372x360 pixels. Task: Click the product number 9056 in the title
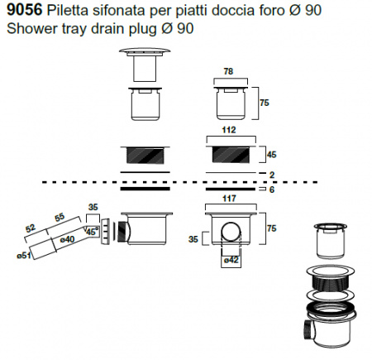pyautogui.click(x=24, y=10)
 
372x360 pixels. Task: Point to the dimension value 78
pyautogui.click(x=228, y=71)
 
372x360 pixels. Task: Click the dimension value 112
pyautogui.click(x=229, y=130)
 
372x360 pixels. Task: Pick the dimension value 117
pyautogui.click(x=229, y=199)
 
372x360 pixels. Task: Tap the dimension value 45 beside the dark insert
pyautogui.click(x=271, y=155)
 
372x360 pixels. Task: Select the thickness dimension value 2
pyautogui.click(x=272, y=175)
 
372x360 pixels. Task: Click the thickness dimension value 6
pyautogui.click(x=272, y=190)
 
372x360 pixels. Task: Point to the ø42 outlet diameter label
pyautogui.click(x=231, y=260)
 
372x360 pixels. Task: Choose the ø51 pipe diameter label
pyautogui.click(x=24, y=256)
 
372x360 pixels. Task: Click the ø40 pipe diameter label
pyautogui.click(x=67, y=239)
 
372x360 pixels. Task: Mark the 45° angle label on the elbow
pyautogui.click(x=92, y=231)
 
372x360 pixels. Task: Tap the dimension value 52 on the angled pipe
pyautogui.click(x=31, y=228)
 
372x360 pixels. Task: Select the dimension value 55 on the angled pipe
pyautogui.click(x=60, y=218)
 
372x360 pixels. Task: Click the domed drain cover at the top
pyautogui.click(x=145, y=51)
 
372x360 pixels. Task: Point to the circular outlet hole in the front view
pyautogui.click(x=231, y=231)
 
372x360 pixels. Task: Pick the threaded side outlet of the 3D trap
pyautogui.click(x=308, y=330)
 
